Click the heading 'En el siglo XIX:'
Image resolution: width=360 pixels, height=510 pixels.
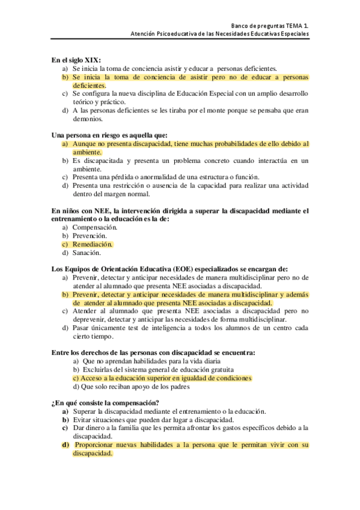(76, 60)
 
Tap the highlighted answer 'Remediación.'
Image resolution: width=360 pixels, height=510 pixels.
(93, 245)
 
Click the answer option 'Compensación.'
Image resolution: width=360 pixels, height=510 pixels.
(95, 227)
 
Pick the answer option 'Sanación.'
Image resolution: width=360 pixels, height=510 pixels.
(88, 253)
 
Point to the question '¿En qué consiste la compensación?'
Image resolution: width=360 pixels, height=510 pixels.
(105, 402)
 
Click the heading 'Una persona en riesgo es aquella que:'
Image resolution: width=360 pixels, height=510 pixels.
(109, 135)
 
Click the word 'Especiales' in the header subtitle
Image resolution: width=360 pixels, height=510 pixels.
(294, 34)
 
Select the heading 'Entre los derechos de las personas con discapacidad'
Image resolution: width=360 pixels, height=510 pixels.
(153, 352)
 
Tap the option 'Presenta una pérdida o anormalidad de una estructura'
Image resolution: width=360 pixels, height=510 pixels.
(165, 177)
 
